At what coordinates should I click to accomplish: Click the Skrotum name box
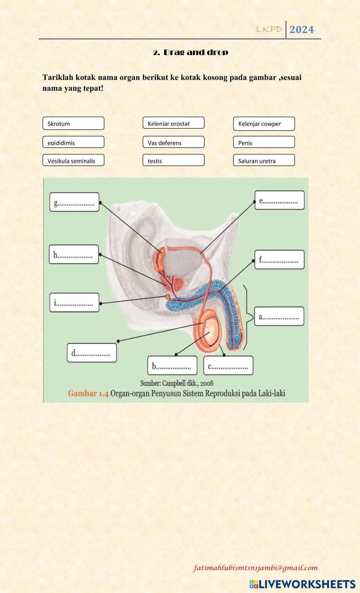[x=73, y=123]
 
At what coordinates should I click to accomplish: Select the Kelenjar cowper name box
[x=264, y=123]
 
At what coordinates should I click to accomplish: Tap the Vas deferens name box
[x=174, y=142]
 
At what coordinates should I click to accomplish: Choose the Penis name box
[x=264, y=142]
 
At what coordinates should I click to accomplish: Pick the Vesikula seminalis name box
[x=73, y=160]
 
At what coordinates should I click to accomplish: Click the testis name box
[x=174, y=160]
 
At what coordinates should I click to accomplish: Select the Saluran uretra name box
[x=264, y=160]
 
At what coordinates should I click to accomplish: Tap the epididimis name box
[x=73, y=142]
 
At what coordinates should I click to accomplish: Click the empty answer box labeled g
[x=74, y=202]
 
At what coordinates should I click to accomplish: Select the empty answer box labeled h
[x=74, y=255]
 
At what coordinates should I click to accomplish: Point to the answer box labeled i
[x=74, y=302]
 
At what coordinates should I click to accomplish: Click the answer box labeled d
[x=92, y=352]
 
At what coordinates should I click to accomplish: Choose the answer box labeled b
[x=172, y=365]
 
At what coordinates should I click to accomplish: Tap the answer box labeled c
[x=228, y=365]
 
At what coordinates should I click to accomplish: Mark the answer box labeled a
[x=279, y=316]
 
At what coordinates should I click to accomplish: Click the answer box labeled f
[x=279, y=260]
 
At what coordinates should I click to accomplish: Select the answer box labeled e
[x=279, y=200]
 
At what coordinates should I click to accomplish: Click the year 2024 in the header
[x=302, y=30]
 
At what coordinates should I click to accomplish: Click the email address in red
[x=256, y=568]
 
